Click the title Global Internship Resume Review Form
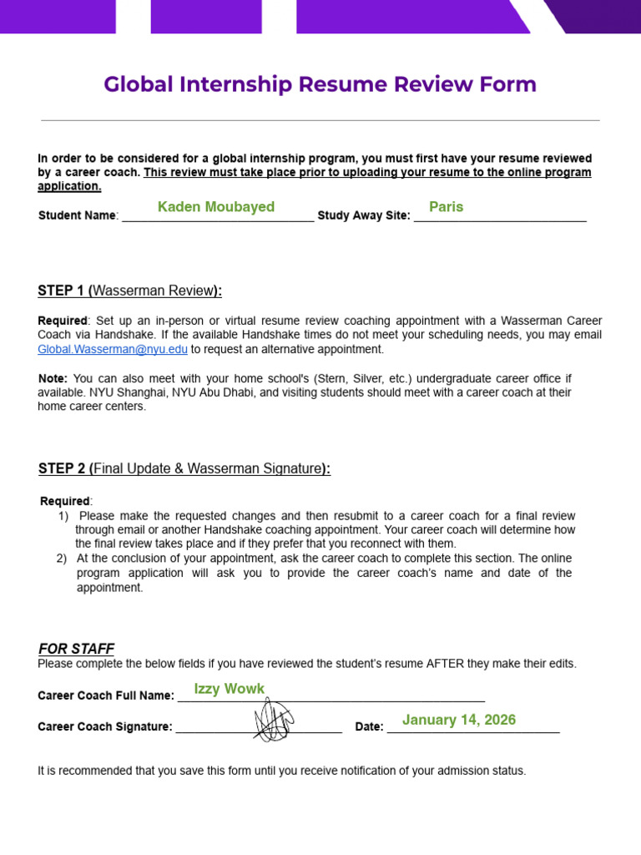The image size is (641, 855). pos(320,84)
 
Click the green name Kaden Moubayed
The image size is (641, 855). pos(216,207)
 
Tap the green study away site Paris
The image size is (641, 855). pos(446,207)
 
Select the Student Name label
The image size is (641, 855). pos(78,215)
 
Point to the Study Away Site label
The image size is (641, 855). pos(363,215)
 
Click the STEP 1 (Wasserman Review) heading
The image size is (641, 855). pos(129,291)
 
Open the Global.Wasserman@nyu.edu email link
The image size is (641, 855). pos(113,350)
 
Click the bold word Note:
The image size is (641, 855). pos(53,378)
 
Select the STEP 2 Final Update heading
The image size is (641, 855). pos(184,468)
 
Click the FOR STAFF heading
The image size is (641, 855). pos(76,649)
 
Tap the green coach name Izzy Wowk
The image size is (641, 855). pos(229,689)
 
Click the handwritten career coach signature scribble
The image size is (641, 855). pos(274,720)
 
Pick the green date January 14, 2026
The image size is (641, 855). pos(459,720)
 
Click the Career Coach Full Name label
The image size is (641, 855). pos(106,696)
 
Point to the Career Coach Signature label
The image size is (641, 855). pos(105,726)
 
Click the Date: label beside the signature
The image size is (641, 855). pos(369,726)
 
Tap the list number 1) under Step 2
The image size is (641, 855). pos(63,516)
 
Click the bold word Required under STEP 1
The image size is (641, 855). pos(63,321)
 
